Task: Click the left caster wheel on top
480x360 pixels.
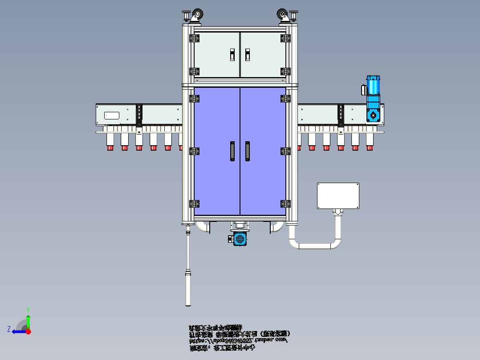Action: point(196,16)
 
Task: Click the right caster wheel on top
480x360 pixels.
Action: point(283,16)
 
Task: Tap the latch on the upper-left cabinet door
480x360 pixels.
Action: point(232,54)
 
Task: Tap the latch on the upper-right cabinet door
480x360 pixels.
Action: point(248,54)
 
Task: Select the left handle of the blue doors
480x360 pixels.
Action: point(232,151)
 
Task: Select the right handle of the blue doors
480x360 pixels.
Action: point(248,151)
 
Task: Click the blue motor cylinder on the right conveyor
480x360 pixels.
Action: point(373,85)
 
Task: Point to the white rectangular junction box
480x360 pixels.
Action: point(338,196)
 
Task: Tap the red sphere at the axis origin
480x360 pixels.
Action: point(28,331)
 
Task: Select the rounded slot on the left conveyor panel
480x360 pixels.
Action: point(112,115)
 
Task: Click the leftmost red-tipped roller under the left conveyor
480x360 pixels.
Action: point(110,142)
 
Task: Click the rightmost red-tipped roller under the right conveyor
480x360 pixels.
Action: point(370,141)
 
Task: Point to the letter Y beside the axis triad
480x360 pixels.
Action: point(28,309)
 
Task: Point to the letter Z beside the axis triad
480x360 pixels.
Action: point(9,329)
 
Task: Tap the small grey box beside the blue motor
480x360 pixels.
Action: point(363,90)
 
